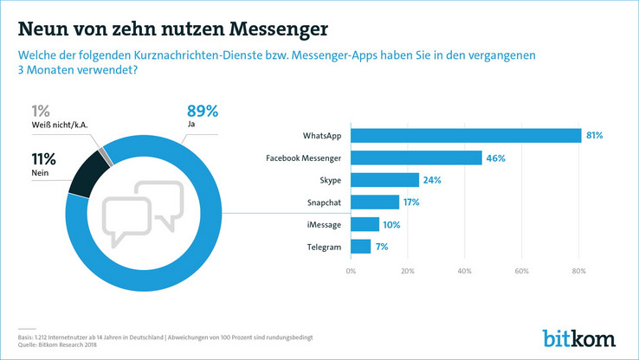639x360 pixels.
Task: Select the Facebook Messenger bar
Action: (x=416, y=157)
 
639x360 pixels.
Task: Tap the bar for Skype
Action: (x=385, y=180)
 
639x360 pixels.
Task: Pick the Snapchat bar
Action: (x=375, y=202)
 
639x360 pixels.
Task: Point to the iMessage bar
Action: (x=365, y=225)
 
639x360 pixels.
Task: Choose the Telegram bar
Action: (x=361, y=247)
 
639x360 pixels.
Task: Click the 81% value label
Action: (x=594, y=136)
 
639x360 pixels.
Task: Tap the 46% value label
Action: (x=495, y=158)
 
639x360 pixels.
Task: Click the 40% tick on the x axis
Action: (x=464, y=272)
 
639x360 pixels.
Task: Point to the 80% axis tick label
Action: (x=578, y=272)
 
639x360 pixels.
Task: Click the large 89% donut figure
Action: (x=203, y=112)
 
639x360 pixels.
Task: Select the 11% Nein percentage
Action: (x=44, y=159)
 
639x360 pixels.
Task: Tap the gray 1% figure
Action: (x=40, y=111)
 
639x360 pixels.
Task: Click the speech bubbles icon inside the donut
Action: (x=145, y=213)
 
